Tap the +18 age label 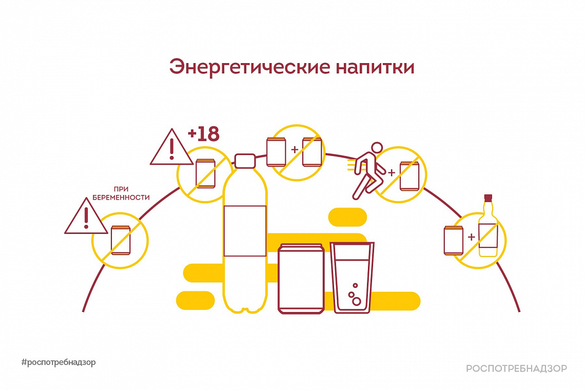[x=203, y=134]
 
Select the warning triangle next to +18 [x=171, y=149]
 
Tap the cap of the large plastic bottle [x=245, y=161]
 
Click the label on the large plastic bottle [x=245, y=230]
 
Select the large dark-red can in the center [x=301, y=279]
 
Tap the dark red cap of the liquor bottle [x=488, y=197]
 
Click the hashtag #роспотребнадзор [x=59, y=362]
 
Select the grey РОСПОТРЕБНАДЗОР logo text [x=517, y=368]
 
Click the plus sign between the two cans [x=294, y=150]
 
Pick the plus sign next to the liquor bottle [x=471, y=237]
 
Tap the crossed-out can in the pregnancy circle [x=121, y=240]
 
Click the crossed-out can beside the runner [x=410, y=175]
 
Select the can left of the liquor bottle [x=454, y=240]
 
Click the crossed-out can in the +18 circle [x=206, y=173]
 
